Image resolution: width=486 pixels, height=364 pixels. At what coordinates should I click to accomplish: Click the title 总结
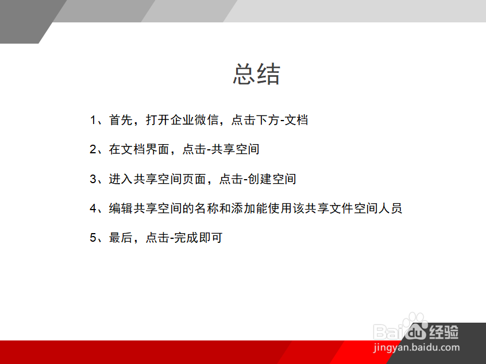pos(256,75)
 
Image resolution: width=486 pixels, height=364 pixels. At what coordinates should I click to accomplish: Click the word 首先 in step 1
pos(121,120)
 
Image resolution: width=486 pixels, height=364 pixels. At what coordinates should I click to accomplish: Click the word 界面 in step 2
pos(158,149)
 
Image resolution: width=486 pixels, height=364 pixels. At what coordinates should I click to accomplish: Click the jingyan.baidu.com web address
pos(416,347)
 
